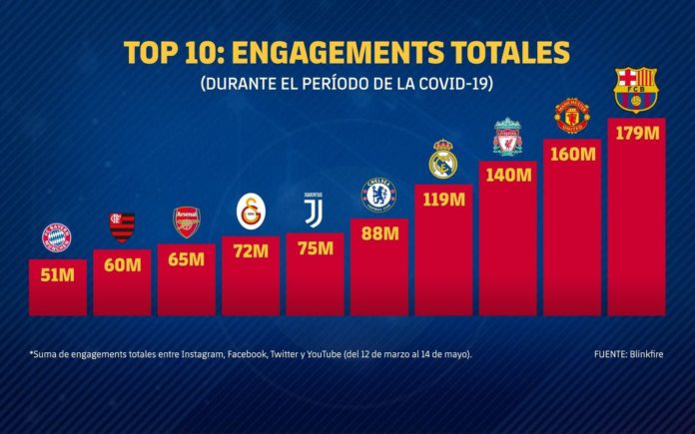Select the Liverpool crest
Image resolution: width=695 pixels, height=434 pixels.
click(x=508, y=137)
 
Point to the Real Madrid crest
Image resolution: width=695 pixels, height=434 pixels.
click(x=443, y=160)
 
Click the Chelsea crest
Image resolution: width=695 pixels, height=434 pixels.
click(x=379, y=194)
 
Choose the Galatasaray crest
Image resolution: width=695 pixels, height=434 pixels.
click(x=251, y=212)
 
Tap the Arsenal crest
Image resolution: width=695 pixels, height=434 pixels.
click(x=187, y=220)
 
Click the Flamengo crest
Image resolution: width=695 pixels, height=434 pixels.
click(x=122, y=226)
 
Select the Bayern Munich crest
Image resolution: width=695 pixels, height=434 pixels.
click(x=57, y=237)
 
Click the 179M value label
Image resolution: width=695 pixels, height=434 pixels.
click(x=636, y=133)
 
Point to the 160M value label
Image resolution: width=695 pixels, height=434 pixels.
click(x=572, y=155)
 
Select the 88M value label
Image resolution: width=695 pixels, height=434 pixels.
click(x=379, y=233)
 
